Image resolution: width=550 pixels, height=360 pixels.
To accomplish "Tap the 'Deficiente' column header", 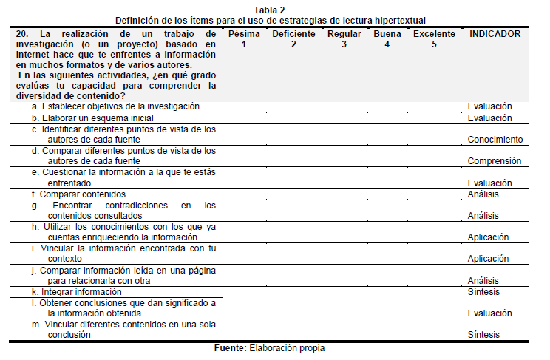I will tap(293, 34).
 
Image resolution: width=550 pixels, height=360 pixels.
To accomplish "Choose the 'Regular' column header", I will tap(344, 34).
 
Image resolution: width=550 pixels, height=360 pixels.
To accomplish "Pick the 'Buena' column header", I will tap(387, 34).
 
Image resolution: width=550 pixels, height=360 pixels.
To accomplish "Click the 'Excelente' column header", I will tap(434, 34).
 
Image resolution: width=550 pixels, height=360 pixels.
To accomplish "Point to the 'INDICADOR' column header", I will tap(495, 34).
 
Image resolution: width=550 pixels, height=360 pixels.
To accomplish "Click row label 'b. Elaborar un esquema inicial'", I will tap(92, 118).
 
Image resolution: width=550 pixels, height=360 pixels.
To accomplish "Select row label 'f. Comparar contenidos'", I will tap(78, 194).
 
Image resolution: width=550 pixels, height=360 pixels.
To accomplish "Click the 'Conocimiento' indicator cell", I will tap(495, 140).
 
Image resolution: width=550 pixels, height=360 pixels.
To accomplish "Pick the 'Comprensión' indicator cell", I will tap(495, 161).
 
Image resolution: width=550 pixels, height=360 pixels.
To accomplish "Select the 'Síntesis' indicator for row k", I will tap(483, 292).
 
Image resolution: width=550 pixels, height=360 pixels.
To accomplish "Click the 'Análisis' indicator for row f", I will tap(483, 194).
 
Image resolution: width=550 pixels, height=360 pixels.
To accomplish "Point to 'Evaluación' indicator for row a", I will tap(489, 106).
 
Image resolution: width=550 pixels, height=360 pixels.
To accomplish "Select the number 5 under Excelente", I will tap(434, 44).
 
